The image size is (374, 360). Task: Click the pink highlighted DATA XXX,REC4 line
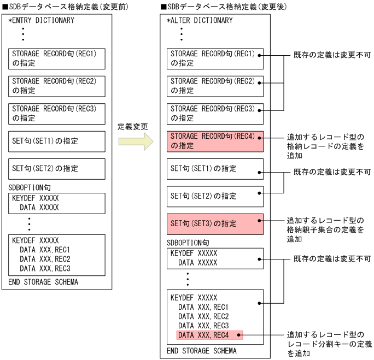click(x=209, y=334)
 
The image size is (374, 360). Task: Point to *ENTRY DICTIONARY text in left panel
click(x=40, y=20)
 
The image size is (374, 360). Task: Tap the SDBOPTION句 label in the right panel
click(x=188, y=241)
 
